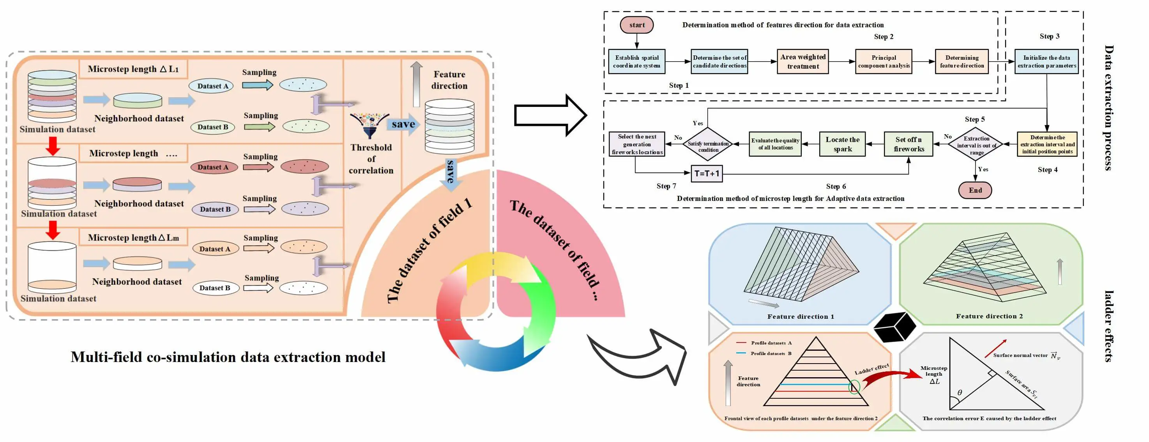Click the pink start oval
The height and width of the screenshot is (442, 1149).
coord(636,25)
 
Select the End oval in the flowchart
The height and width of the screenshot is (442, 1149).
coord(975,190)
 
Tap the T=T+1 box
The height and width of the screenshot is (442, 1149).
coord(707,174)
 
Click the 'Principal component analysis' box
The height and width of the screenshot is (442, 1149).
coord(884,62)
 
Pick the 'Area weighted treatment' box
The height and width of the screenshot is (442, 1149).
coord(803,62)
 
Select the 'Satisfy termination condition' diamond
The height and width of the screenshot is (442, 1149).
coord(708,144)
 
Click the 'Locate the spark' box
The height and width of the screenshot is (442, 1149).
coord(842,144)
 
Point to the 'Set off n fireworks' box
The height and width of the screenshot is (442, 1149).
coord(908,144)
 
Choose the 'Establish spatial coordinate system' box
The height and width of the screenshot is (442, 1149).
coord(636,62)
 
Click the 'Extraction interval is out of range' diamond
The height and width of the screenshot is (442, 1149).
coord(976,144)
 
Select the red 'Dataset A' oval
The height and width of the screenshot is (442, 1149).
coord(213,167)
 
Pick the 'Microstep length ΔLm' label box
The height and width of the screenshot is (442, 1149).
coord(133,238)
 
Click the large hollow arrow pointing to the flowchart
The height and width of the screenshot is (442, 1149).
coord(550,115)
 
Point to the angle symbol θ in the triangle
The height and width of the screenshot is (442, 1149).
coord(960,393)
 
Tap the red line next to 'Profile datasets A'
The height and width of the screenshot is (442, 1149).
coord(741,343)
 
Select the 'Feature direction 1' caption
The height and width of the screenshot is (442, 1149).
coord(800,316)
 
